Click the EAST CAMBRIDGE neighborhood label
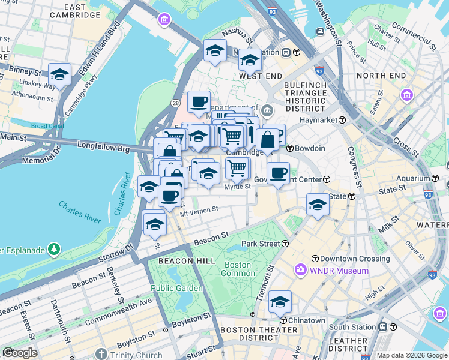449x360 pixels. pyautogui.click(x=76, y=10)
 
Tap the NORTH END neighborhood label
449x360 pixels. pyautogui.click(x=381, y=76)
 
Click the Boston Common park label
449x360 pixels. pyautogui.click(x=238, y=269)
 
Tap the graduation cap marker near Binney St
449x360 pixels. pyautogui.click(x=60, y=74)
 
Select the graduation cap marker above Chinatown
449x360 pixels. pyautogui.click(x=280, y=302)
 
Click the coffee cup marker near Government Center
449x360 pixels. pyautogui.click(x=278, y=173)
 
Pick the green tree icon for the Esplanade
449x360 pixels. pyautogui.click(x=55, y=248)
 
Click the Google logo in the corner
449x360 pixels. pyautogui.click(x=20, y=353)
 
